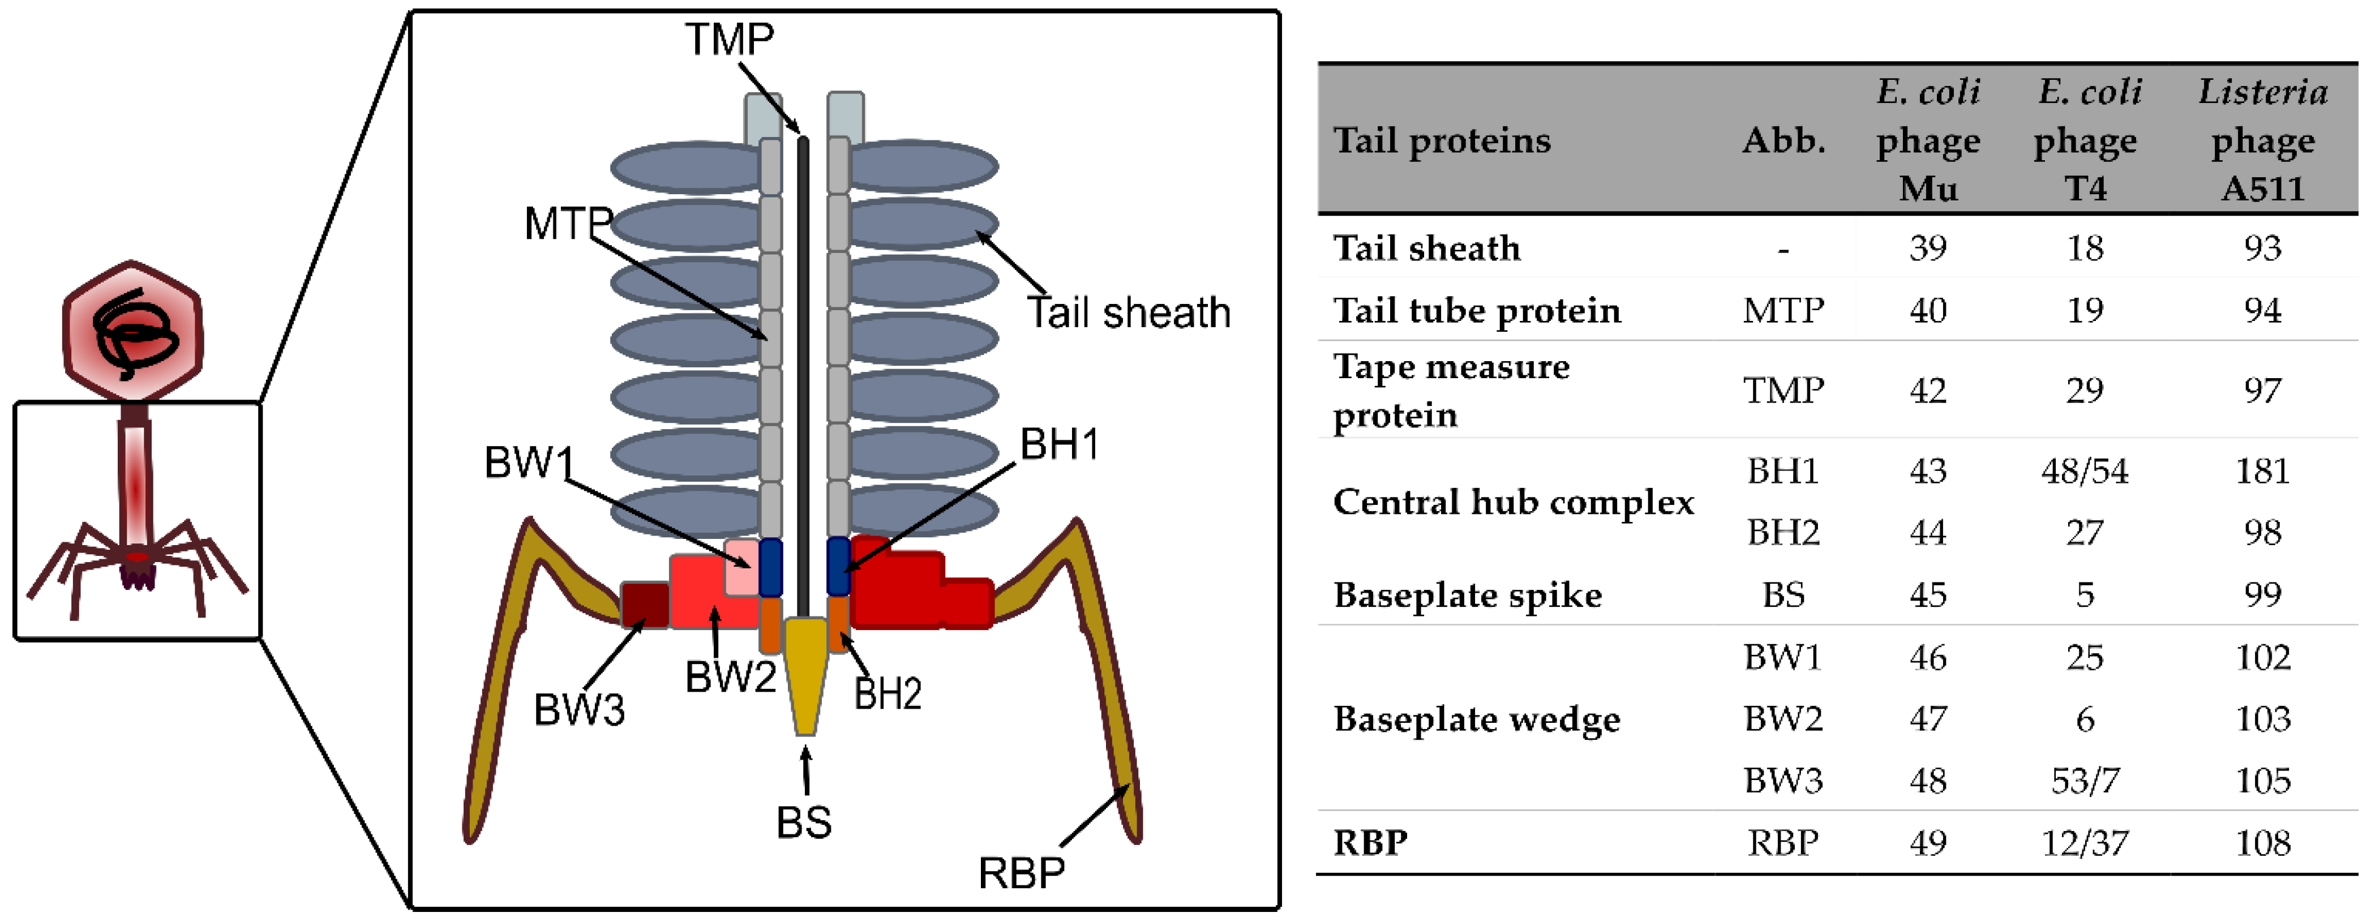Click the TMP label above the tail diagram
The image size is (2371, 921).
(729, 40)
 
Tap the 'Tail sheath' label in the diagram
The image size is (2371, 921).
(1129, 313)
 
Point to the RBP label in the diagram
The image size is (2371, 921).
(1022, 872)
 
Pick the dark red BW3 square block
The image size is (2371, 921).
(644, 605)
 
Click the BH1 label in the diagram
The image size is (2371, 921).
(1060, 444)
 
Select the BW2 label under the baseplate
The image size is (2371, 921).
(731, 677)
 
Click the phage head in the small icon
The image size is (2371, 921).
(132, 331)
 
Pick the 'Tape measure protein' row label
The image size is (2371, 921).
(1451, 390)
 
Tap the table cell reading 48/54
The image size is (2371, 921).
(2085, 471)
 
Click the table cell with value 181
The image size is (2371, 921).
(2262, 471)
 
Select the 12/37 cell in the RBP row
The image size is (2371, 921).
(2085, 842)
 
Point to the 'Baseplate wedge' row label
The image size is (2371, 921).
(1476, 718)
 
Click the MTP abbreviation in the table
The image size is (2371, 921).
(1783, 311)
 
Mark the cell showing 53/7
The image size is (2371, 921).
(2085, 780)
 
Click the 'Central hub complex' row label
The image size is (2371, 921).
(1513, 502)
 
